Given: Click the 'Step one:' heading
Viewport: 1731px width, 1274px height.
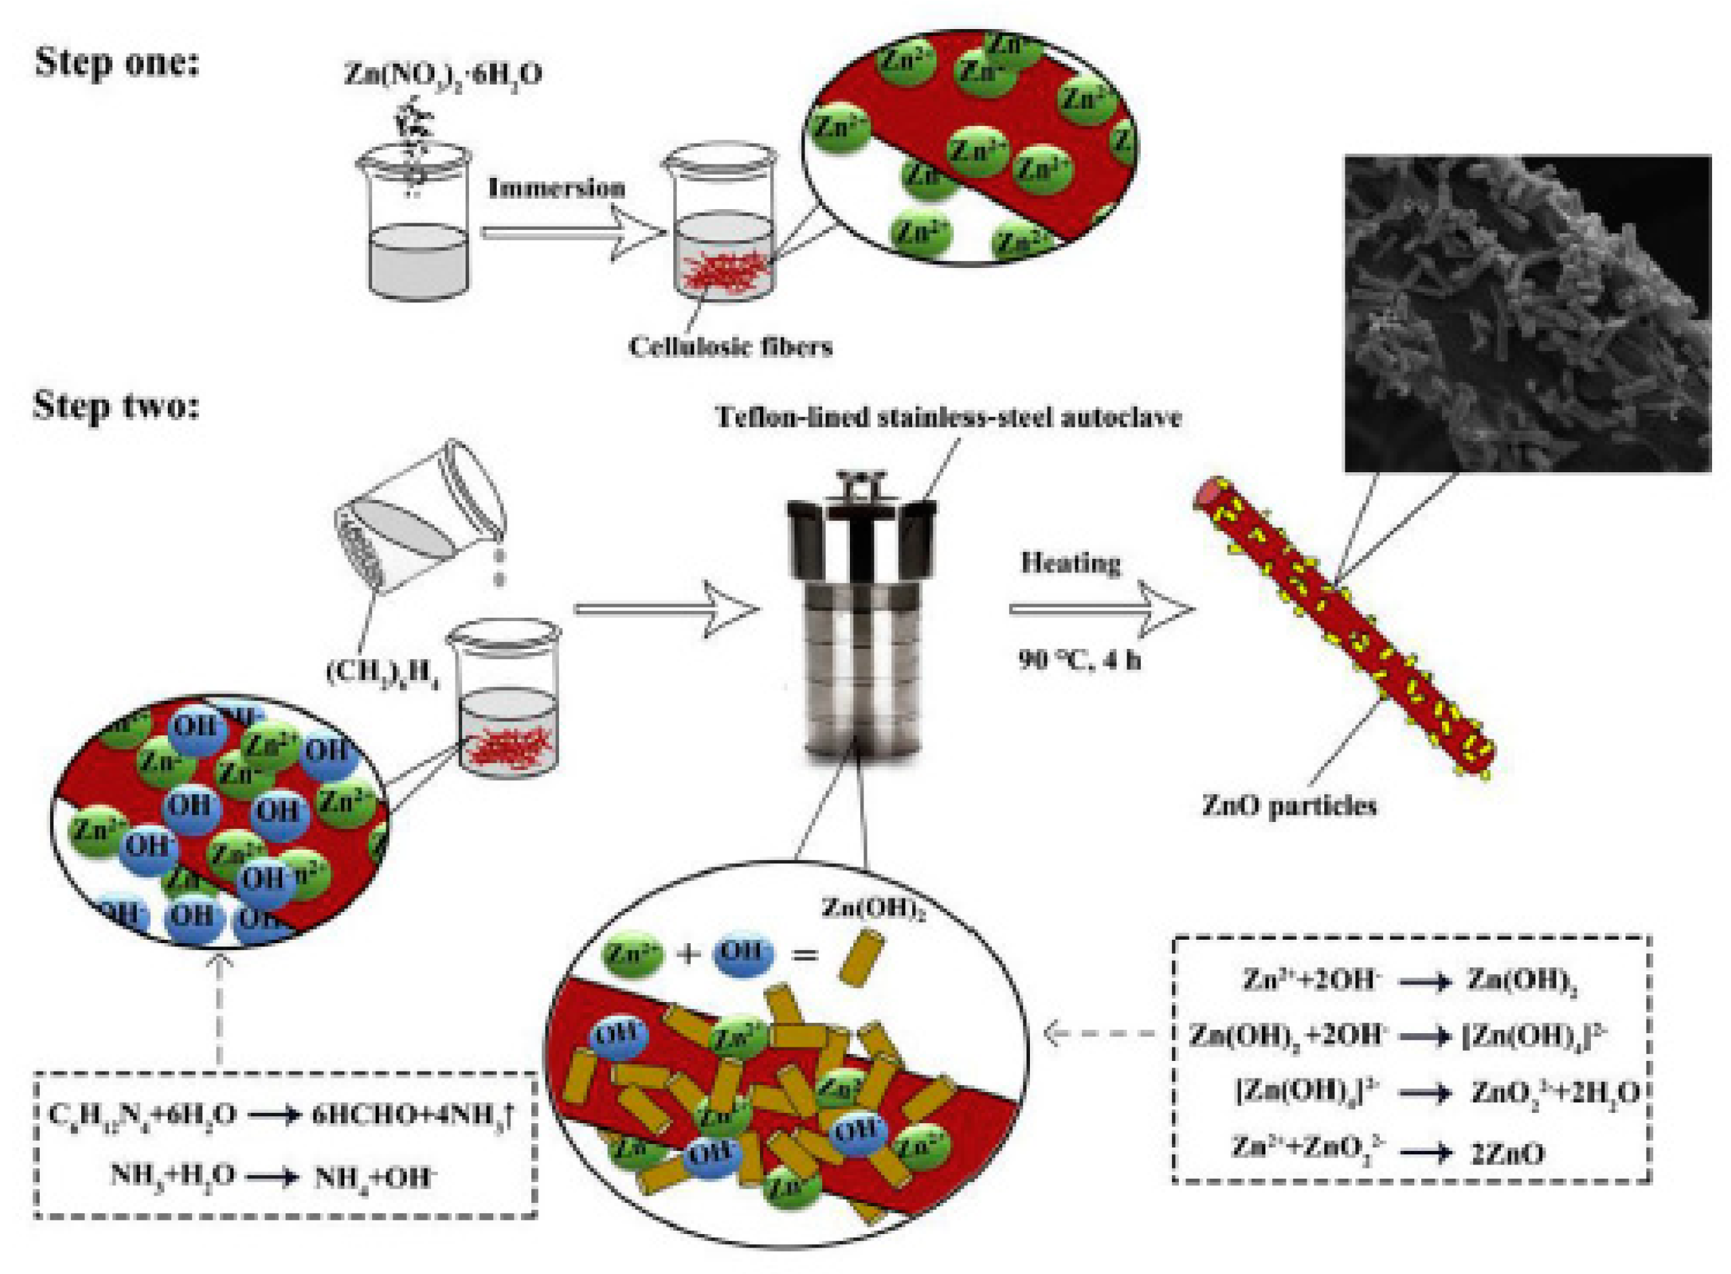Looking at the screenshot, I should click(116, 62).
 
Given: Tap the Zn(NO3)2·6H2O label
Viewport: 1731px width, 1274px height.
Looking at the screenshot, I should click(443, 75).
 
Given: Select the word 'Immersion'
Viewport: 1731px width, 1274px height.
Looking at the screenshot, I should click(556, 188).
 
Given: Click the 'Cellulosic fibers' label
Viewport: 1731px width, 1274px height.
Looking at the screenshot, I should click(729, 346).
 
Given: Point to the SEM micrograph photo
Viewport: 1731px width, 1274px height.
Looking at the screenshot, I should click(1527, 313).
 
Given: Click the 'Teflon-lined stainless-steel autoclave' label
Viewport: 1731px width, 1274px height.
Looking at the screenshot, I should click(948, 417).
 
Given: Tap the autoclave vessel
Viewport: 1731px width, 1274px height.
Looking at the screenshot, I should click(861, 617).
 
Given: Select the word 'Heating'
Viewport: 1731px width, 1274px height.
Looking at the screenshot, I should click(1071, 563).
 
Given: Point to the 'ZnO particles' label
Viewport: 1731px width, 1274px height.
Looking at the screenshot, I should click(1289, 806).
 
